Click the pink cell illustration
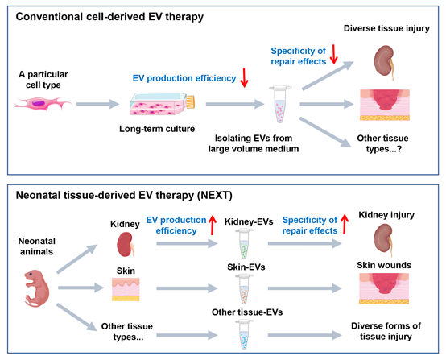click(43, 103)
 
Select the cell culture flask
click(163, 104)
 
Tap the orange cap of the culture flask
click(190, 102)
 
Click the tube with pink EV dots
click(280, 104)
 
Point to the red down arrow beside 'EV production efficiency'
click(244, 77)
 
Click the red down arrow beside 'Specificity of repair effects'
click(333, 54)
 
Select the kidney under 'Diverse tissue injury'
click(385, 63)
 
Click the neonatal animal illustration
click(37, 288)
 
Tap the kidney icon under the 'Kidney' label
click(126, 244)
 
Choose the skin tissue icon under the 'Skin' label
click(126, 289)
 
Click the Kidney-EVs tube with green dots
click(244, 243)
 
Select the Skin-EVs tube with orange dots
click(244, 289)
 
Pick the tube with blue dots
click(244, 334)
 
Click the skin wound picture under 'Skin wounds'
click(384, 288)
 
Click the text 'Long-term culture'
click(157, 129)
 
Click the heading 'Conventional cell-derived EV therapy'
click(109, 17)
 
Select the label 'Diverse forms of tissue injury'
click(386, 331)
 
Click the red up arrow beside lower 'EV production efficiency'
click(212, 225)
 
